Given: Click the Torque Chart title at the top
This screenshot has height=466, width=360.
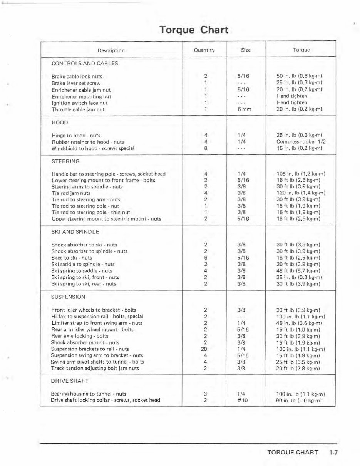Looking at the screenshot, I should click(x=194, y=30).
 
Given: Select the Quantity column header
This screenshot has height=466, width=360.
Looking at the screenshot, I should click(x=204, y=50).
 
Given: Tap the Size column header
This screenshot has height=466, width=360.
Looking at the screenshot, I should click(x=246, y=50).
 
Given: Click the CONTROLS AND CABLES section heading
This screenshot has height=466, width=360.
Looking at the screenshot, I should click(x=85, y=63).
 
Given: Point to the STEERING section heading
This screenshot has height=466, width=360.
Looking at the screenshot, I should click(x=65, y=161).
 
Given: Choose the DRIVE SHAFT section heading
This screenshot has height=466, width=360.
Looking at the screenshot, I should click(x=70, y=381).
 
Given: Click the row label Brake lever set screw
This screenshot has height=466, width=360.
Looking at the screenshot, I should click(x=76, y=83).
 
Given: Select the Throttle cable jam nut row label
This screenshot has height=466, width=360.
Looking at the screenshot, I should click(x=78, y=109).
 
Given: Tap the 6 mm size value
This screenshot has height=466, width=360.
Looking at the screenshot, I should click(x=244, y=109).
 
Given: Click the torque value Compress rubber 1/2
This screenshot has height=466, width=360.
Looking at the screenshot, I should click(x=301, y=142).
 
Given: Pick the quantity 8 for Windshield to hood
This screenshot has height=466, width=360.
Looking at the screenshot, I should click(x=206, y=148).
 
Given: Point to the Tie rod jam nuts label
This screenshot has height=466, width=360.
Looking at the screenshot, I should click(x=71, y=193).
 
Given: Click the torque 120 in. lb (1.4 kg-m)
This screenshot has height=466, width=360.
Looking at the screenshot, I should click(x=301, y=193).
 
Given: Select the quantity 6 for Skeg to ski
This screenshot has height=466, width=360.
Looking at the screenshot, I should click(x=206, y=258).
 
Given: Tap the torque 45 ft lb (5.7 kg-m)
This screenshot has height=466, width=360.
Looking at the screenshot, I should click(x=298, y=271).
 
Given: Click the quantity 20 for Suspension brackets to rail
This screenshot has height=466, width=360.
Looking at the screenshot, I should click(x=204, y=349).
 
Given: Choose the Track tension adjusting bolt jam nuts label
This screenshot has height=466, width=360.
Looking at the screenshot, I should click(x=95, y=368).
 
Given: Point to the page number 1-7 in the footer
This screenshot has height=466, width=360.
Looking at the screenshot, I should click(x=333, y=453).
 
